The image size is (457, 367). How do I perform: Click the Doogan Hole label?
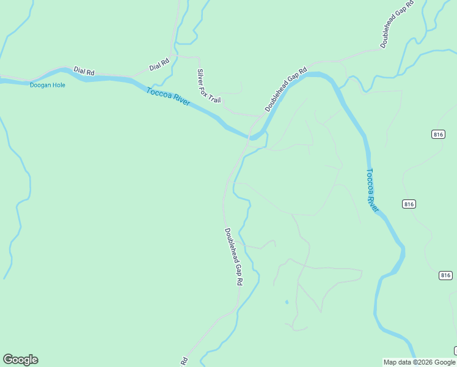tap(47, 85)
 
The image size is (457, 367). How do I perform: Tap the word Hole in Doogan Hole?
tap(58, 85)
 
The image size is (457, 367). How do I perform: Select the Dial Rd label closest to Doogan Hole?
tap(84, 72)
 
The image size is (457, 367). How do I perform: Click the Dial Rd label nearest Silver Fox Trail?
tap(159, 64)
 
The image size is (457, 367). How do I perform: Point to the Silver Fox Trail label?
tap(208, 86)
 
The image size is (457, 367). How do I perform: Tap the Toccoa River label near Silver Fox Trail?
tap(168, 97)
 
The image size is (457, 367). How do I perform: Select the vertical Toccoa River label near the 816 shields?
tap(372, 190)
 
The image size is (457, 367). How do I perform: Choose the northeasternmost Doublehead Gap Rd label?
tap(397, 24)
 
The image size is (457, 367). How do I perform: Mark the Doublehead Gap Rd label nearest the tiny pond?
tap(233, 257)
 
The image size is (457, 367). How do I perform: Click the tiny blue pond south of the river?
tap(287, 302)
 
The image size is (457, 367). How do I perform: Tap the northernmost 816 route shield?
tap(437, 135)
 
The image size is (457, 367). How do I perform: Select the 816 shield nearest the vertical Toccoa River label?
tap(409, 204)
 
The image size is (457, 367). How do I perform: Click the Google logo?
tap(20, 360)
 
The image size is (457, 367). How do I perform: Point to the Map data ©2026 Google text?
tap(419, 362)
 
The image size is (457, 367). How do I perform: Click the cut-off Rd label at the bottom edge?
tap(183, 360)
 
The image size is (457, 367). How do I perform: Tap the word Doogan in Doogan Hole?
tap(40, 85)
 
